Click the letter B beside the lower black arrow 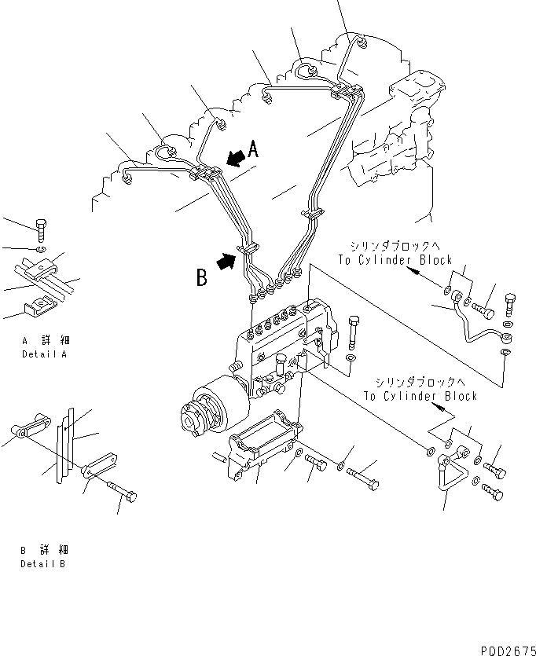[x=202, y=277]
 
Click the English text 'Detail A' [x=46, y=354]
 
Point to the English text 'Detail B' [x=44, y=564]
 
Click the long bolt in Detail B [x=119, y=491]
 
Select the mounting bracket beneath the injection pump [x=263, y=452]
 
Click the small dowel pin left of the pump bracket [x=217, y=456]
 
